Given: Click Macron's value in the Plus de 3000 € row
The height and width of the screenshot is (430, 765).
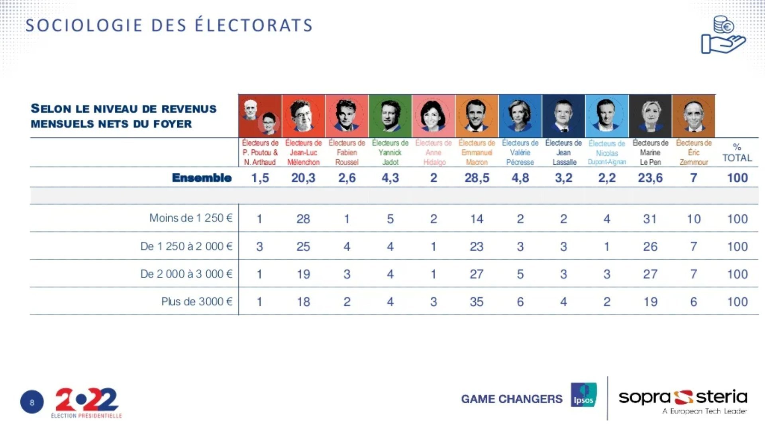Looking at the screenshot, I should click(477, 302).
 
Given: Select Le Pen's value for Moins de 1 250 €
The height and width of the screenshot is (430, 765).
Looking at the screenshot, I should click(650, 219).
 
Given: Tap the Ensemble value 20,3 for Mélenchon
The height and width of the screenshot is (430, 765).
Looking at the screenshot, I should click(303, 178).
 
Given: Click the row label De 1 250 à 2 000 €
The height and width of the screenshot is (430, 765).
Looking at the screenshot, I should click(186, 246).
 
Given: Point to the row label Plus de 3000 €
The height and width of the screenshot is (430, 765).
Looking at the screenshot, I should click(196, 302).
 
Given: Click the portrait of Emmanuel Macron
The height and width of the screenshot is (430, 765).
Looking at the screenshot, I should click(477, 116).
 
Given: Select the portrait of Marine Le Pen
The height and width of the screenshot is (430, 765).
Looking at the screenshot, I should click(650, 116).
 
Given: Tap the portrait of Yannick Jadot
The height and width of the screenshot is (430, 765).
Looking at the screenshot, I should click(390, 116).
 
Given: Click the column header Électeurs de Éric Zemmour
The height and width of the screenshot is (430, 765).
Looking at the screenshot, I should click(694, 152).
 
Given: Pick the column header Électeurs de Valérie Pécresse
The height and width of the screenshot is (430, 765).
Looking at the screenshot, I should click(520, 152).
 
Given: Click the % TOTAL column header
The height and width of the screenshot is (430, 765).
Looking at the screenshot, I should click(737, 152).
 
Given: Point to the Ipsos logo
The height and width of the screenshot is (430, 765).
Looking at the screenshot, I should click(583, 395).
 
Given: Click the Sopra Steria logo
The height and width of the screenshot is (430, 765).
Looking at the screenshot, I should click(683, 400).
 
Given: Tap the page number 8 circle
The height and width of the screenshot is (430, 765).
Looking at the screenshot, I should click(32, 402).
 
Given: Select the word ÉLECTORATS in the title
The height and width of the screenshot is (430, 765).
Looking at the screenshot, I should click(254, 25).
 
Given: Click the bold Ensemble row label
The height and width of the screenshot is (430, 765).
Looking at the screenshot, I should click(202, 178).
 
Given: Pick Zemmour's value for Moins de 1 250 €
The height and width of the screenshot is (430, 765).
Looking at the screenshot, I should click(694, 219).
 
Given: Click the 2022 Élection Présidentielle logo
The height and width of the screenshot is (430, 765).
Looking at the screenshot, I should click(86, 403).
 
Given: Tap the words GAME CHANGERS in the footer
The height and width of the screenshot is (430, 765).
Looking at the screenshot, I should click(512, 399).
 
